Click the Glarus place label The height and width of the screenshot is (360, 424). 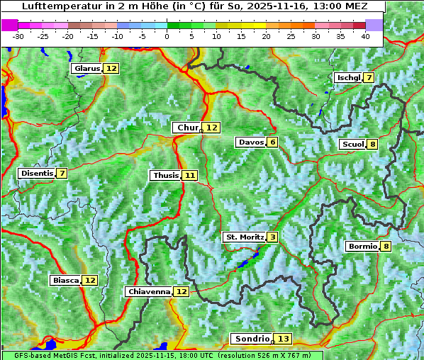coord(87,69)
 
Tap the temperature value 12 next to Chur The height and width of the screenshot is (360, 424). coord(212,128)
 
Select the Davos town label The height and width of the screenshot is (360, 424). coord(250,142)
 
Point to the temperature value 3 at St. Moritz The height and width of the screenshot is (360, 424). coord(272,237)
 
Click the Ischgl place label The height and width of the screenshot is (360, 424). coord(347,77)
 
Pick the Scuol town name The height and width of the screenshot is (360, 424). coord(352,145)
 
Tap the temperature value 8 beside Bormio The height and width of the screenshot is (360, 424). coord(385,247)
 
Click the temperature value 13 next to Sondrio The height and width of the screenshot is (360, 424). coord(283,339)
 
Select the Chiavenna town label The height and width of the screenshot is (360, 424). coord(148,291)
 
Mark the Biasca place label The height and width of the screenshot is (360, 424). coord(65,280)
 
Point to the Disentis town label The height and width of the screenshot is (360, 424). coord(35,173)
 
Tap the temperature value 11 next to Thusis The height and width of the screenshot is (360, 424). coord(189,175)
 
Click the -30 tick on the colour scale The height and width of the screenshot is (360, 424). coord(18,36)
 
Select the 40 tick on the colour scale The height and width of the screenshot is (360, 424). coord(365,36)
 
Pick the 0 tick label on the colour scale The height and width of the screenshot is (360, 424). coord(167,36)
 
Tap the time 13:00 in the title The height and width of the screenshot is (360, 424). coord(323,6)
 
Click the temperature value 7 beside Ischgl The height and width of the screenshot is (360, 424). coord(369,77)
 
